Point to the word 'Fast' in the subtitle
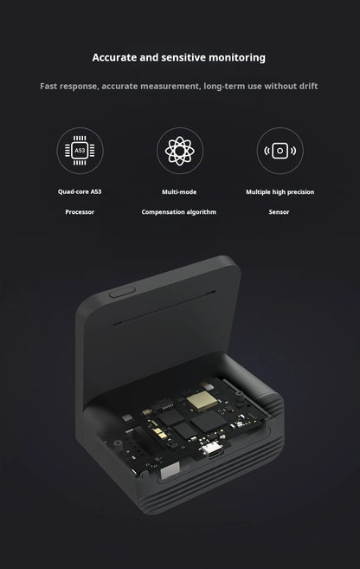pos(48,87)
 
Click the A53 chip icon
pos(80,151)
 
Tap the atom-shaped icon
pos(180,151)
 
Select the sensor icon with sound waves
pos(280,151)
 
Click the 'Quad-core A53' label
pos(80,191)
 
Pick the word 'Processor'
pos(80,212)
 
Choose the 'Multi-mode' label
pos(179,192)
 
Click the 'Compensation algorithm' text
pos(179,212)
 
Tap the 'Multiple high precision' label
pos(280,192)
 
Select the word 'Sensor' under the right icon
pos(279,212)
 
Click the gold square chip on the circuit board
pos(202,402)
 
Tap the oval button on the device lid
pos(122,292)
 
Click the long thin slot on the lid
pos(164,307)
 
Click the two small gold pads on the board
pos(158,432)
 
